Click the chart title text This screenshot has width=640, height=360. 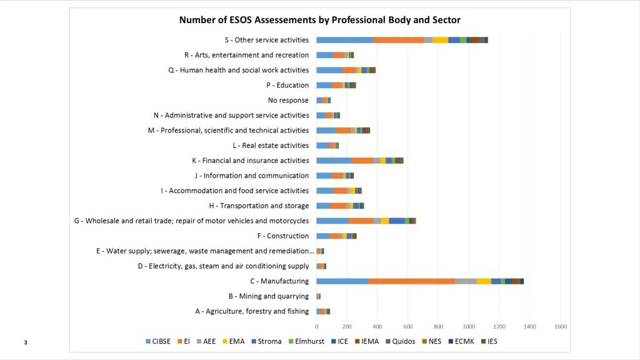coord(319,20)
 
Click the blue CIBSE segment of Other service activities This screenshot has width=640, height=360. coord(344,40)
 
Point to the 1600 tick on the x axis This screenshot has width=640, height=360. coord(560,326)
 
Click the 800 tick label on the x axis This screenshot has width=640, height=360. coord(438,326)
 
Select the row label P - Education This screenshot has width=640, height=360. coord(287,85)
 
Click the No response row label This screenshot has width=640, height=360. coord(288,100)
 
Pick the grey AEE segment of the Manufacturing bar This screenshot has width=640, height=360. coord(466,281)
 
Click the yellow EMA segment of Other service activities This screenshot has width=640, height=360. coord(441,40)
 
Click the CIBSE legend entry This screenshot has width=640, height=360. coord(160,341)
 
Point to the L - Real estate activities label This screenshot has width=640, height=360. coord(271,146)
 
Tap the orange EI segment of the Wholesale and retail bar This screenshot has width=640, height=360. coord(361,221)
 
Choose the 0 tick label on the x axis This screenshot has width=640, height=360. coord(317,326)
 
